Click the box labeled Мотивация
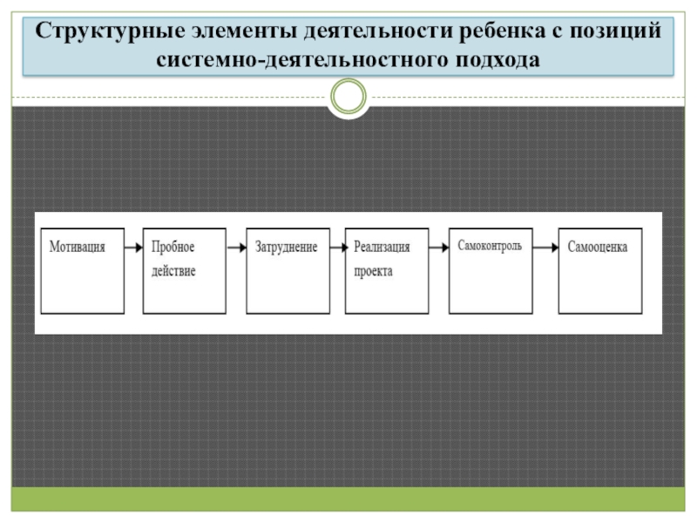pyautogui.click(x=83, y=271)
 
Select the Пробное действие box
pyautogui.click(x=184, y=271)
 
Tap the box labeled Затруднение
pyautogui.click(x=287, y=271)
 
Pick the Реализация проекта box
pyautogui.click(x=387, y=271)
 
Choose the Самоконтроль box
pyautogui.click(x=491, y=271)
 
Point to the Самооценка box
pyautogui.click(x=599, y=271)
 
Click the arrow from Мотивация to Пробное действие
pyautogui.click(x=133, y=248)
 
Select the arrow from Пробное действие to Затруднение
pyautogui.click(x=235, y=248)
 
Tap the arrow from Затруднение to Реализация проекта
pyautogui.click(x=336, y=248)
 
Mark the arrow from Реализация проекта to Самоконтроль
pyautogui.click(x=438, y=248)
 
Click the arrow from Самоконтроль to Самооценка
pyautogui.click(x=545, y=248)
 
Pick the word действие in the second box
pyautogui.click(x=173, y=271)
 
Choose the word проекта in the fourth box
pyautogui.click(x=374, y=271)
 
